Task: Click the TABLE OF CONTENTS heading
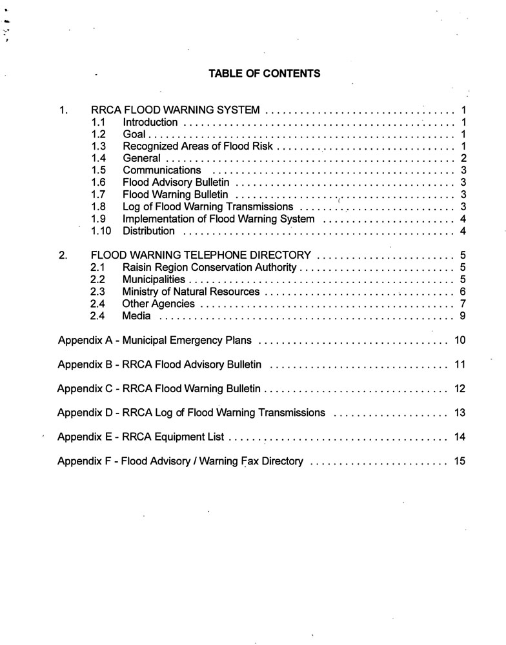(x=264, y=74)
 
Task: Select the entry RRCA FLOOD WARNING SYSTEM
(x=176, y=110)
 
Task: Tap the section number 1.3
(x=99, y=146)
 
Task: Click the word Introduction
(x=150, y=122)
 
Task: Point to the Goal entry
(x=134, y=134)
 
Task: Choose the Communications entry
(x=162, y=170)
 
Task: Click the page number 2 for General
(x=463, y=159)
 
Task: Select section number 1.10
(x=101, y=231)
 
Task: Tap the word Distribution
(x=148, y=231)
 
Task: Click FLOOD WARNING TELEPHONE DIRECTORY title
(x=201, y=255)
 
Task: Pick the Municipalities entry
(x=154, y=279)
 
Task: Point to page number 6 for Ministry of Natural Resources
(x=463, y=292)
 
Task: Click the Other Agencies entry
(x=158, y=304)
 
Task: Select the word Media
(x=136, y=316)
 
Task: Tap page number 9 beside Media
(x=463, y=316)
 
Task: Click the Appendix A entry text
(x=154, y=340)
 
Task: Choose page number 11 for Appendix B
(x=460, y=364)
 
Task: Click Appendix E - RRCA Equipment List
(x=141, y=437)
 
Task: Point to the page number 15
(x=460, y=461)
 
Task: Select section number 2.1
(x=99, y=267)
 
